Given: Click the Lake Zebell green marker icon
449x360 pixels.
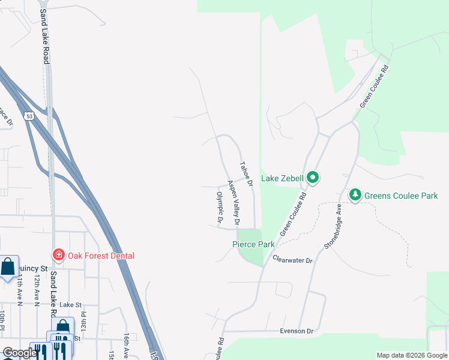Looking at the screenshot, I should tap(312, 178).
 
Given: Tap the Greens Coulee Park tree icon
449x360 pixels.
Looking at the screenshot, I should tap(355, 195).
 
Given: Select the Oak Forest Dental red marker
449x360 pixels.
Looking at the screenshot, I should tap(58, 255).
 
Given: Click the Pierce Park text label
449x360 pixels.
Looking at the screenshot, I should tap(253, 244).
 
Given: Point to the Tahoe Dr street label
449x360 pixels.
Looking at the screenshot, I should tap(246, 173).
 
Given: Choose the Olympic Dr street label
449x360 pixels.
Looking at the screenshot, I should tap(220, 208).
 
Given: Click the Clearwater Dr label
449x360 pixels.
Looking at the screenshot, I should tap(293, 260).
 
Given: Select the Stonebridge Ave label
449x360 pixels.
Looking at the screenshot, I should tap(334, 226).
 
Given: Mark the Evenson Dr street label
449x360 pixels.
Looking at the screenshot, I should tap(297, 331).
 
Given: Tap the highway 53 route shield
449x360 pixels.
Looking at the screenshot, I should tap(29, 116).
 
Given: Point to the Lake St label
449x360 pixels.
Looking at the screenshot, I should tap(70, 305).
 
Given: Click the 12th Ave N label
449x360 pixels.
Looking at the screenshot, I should tap(37, 288).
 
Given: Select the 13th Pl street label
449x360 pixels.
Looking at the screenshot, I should tap(84, 319).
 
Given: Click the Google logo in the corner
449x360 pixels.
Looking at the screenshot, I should tap(19, 353).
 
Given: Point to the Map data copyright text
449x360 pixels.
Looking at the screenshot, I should tap(411, 355).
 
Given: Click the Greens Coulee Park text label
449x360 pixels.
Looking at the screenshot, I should tap(401, 196).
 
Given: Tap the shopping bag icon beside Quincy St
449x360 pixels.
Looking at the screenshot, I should tap(8, 268).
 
